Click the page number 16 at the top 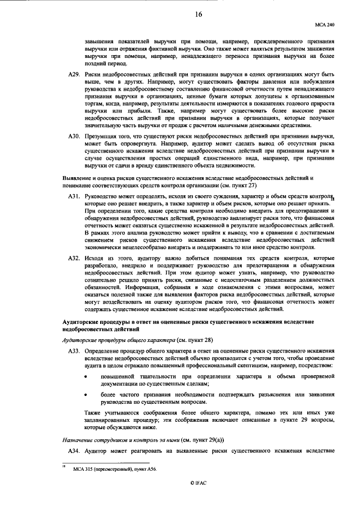click(199, 15)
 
